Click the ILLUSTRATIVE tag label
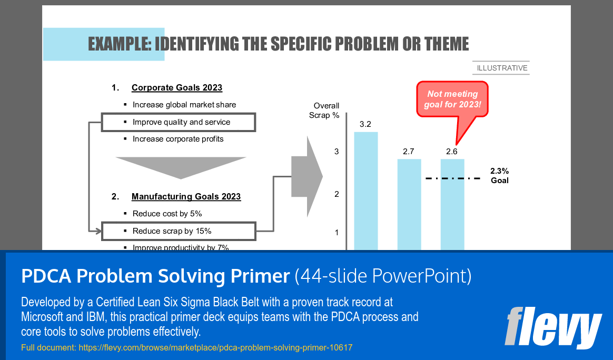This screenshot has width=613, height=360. point(502,68)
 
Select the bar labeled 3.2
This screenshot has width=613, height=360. point(365,189)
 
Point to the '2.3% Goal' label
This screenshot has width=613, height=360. point(499,176)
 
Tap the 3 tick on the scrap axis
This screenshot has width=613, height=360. point(337,152)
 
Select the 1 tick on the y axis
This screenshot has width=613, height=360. point(337,233)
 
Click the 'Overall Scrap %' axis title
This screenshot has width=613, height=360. point(325,110)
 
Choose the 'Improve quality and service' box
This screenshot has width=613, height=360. point(179,122)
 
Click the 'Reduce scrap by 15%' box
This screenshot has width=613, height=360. point(179,231)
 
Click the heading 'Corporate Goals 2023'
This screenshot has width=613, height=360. point(177,88)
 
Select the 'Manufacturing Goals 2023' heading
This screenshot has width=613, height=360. point(186,197)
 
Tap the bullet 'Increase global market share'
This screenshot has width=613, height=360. point(184,105)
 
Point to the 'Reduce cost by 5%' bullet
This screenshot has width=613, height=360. point(167,214)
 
